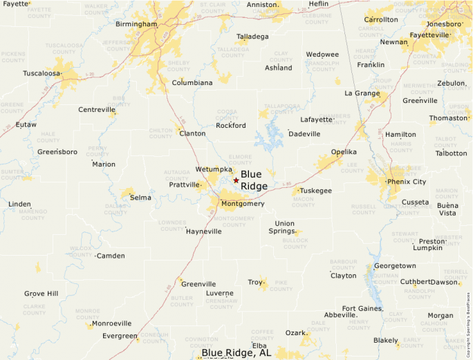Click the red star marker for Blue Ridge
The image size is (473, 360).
[x=236, y=180]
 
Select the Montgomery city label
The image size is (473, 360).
[x=243, y=204]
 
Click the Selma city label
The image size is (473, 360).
[x=140, y=198]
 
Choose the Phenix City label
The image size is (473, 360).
[x=407, y=182]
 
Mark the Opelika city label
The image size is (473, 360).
[x=344, y=152]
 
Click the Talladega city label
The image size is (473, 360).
[x=252, y=37]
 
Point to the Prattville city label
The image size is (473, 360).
[x=184, y=184]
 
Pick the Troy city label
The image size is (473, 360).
[x=255, y=282]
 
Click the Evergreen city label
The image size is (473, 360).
[x=120, y=336]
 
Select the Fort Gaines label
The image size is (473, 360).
[x=362, y=308]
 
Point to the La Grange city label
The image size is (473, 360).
[x=362, y=93]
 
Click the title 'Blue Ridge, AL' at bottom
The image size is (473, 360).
[x=236, y=353]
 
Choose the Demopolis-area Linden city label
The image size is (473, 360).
[x=19, y=205]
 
